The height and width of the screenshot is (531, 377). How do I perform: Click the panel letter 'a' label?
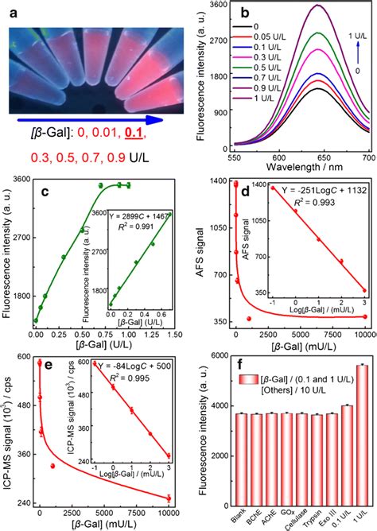point(14,14)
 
